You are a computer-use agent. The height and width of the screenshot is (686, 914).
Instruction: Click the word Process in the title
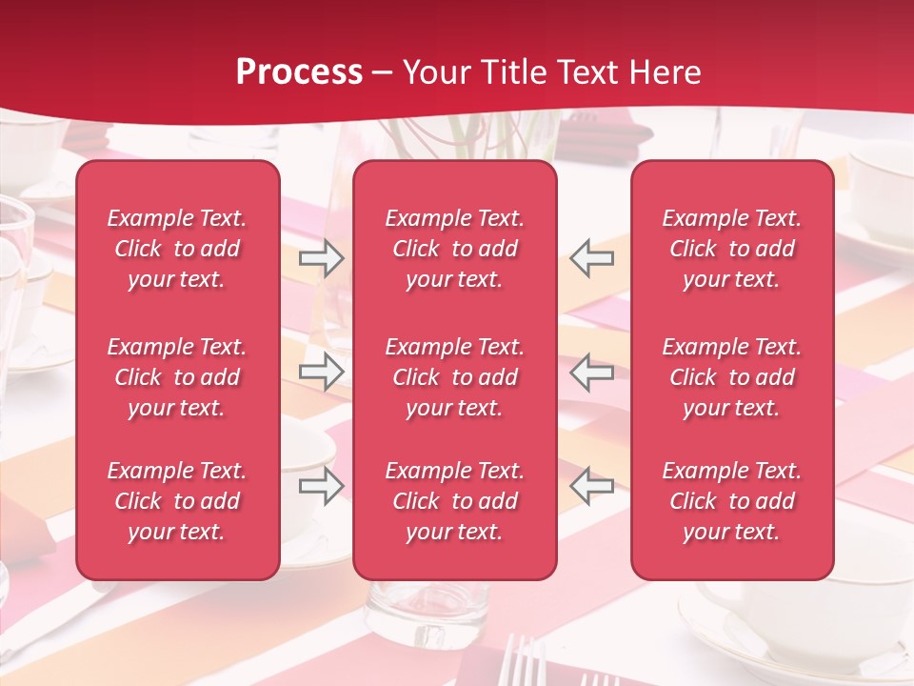click(x=299, y=72)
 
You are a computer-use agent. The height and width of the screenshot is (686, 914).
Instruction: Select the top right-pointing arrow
click(x=322, y=258)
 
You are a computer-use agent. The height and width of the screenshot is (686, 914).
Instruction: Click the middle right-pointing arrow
click(x=322, y=371)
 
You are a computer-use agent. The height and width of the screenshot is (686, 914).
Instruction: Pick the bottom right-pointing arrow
click(x=322, y=485)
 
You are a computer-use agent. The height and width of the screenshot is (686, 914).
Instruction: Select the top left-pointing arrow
click(x=591, y=258)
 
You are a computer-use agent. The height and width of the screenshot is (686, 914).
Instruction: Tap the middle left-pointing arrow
click(x=591, y=371)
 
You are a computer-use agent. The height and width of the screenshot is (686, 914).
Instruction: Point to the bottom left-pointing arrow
click(x=591, y=485)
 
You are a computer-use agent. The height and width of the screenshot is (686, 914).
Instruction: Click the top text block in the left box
click(x=177, y=249)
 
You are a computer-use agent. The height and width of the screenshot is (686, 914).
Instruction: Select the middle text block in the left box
click(x=177, y=377)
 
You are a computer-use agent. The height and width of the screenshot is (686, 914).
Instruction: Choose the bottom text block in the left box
click(x=177, y=501)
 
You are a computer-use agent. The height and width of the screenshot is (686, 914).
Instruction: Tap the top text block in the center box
click(x=454, y=249)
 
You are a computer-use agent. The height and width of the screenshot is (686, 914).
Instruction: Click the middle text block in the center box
click(x=454, y=377)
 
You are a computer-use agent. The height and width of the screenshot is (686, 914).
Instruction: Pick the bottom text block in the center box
click(x=454, y=501)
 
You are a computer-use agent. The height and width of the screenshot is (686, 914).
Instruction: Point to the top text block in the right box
click(x=731, y=249)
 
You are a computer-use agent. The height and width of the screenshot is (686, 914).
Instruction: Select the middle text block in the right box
click(x=731, y=377)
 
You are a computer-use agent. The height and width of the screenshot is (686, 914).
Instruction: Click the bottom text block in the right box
click(x=731, y=501)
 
